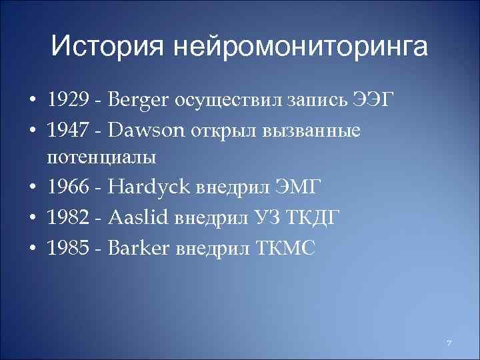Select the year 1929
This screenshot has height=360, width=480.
tap(67, 101)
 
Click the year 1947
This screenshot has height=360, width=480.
tap(67, 130)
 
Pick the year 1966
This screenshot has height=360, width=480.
tap(67, 189)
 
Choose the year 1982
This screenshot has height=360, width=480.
tap(67, 218)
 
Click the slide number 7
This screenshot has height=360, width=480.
tap(449, 343)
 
